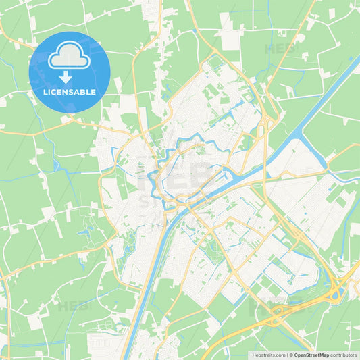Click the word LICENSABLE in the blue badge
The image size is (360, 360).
click(70, 92)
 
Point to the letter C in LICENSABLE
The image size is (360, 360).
click(54, 92)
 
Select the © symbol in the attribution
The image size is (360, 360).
click(291, 355)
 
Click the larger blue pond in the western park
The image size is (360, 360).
click(85, 233)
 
